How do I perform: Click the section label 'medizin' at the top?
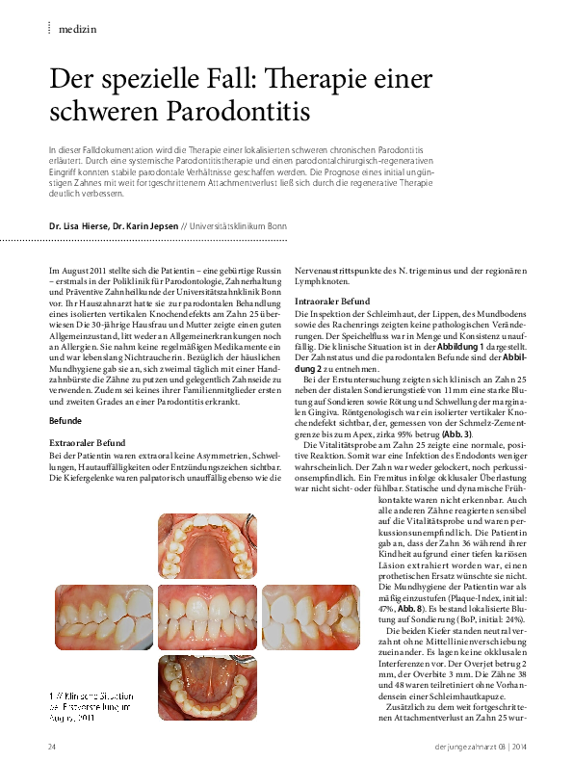[77, 30]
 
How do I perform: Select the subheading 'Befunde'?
[65, 421]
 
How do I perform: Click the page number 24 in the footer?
[53, 747]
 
